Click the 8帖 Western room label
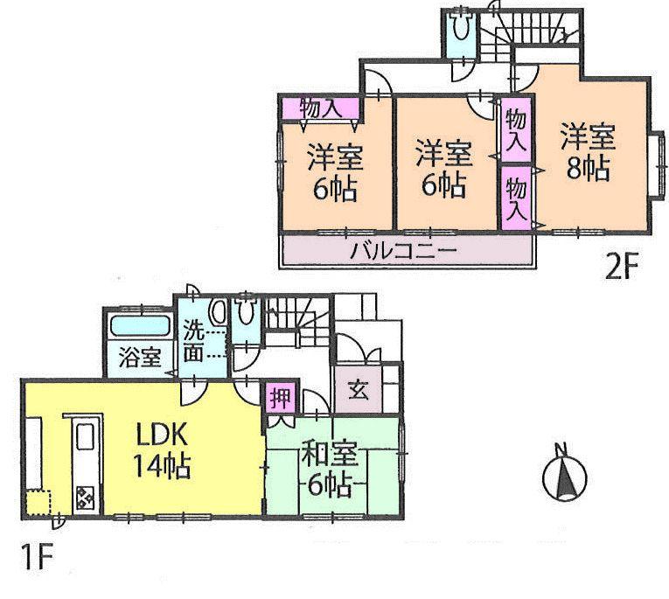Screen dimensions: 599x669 588,153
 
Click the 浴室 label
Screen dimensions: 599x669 140,358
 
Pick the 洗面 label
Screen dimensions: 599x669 195,342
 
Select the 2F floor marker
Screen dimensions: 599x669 623,265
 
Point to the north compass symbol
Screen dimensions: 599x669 562,477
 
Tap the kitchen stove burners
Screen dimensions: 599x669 87,498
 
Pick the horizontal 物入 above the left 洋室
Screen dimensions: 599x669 320,108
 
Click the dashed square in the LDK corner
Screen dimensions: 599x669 38,504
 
